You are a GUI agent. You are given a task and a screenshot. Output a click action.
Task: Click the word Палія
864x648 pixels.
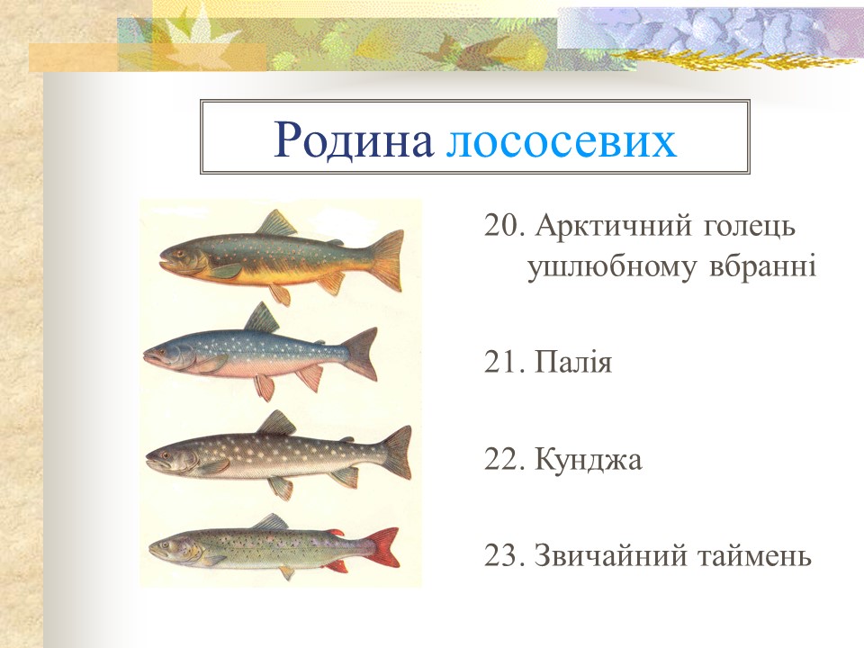[x=572, y=364]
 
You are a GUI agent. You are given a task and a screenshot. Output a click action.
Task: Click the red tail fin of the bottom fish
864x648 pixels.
[x=384, y=546]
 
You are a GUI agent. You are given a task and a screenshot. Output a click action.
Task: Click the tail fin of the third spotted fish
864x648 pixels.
[x=395, y=451]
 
